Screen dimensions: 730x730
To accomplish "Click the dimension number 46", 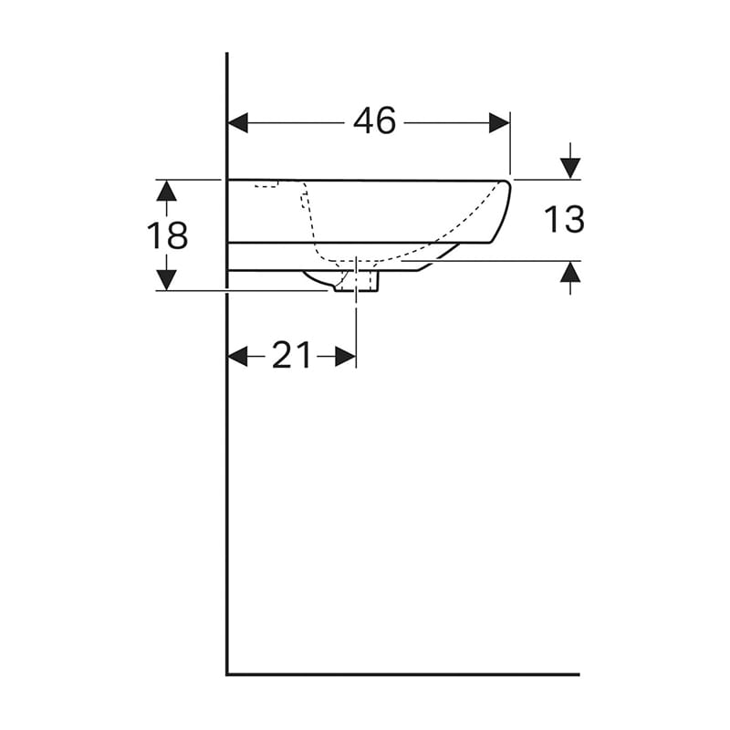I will click(x=375, y=121).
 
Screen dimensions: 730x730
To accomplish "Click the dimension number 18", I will click(x=168, y=235).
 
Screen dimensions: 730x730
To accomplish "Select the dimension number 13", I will click(x=564, y=220).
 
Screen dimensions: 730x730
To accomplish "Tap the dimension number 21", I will click(x=292, y=356).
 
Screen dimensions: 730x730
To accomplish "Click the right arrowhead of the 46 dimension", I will click(x=499, y=122).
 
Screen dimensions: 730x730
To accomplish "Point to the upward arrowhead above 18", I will click(x=166, y=190).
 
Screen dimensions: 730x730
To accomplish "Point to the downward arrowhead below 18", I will click(x=166, y=279).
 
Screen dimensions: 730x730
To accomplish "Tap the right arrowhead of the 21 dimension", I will click(x=345, y=357).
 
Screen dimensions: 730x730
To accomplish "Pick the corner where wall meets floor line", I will click(x=227, y=674).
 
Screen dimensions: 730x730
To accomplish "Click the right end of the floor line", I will click(x=578, y=674).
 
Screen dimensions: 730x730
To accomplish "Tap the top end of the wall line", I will click(x=227, y=55).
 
